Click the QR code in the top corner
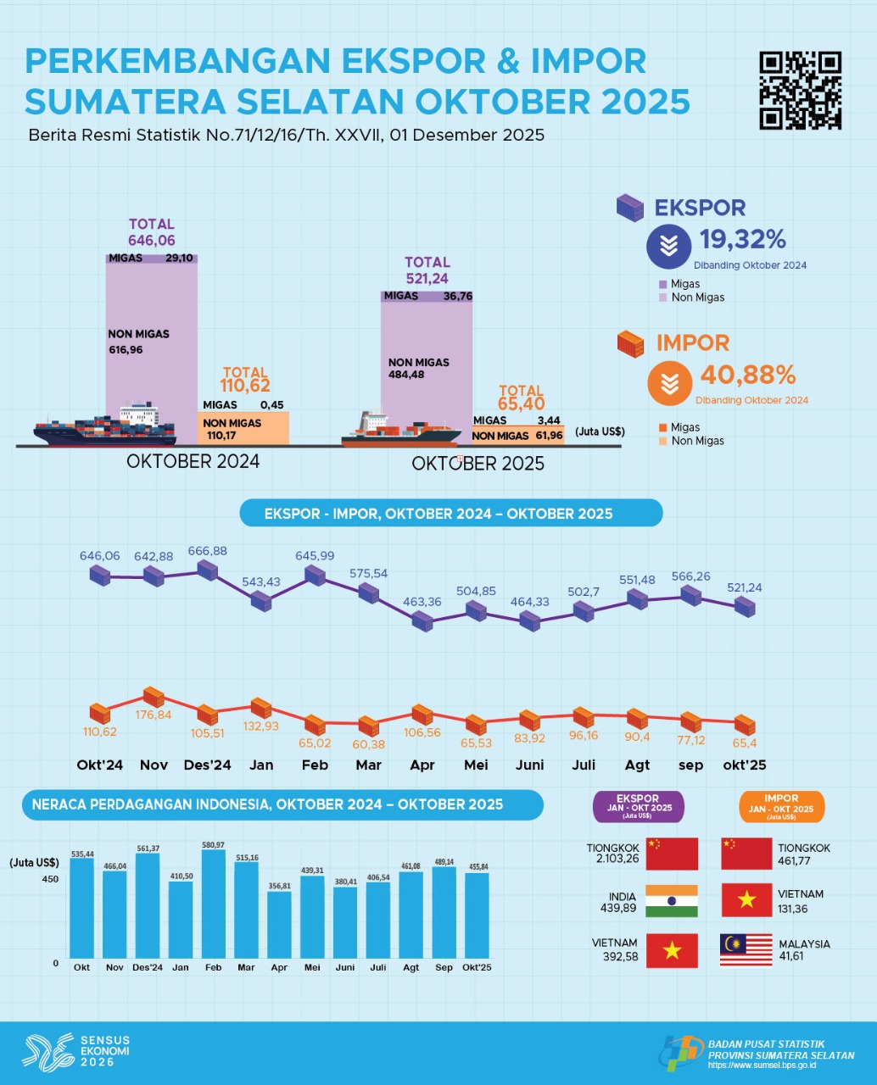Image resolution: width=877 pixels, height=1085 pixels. [x=800, y=90]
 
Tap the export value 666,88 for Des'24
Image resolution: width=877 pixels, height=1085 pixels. [x=208, y=551]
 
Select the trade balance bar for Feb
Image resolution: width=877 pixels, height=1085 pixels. [x=213, y=904]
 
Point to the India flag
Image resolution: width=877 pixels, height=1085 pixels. [x=671, y=901]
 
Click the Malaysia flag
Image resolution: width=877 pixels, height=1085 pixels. [x=746, y=950]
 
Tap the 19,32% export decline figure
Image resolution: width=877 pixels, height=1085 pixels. [x=743, y=240]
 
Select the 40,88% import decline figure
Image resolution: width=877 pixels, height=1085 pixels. [x=748, y=375]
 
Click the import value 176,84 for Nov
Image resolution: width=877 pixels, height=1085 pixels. [x=154, y=715]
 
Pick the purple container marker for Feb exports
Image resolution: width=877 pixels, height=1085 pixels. [x=315, y=575]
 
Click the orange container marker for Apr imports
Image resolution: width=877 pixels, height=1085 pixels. [x=422, y=714]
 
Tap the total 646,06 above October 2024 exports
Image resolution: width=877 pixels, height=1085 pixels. [x=152, y=241]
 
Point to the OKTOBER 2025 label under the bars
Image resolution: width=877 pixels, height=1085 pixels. [x=478, y=464]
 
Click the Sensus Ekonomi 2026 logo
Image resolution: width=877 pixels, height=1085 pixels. [x=76, y=1051]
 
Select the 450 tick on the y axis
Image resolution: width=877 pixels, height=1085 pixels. [x=50, y=879]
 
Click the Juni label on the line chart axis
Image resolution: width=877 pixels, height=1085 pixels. [x=529, y=765]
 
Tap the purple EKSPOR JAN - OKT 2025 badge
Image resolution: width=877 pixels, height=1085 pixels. [x=638, y=806]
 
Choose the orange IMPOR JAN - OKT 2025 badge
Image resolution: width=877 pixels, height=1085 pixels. [x=780, y=806]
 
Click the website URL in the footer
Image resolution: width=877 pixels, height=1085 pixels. [x=761, y=1066]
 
